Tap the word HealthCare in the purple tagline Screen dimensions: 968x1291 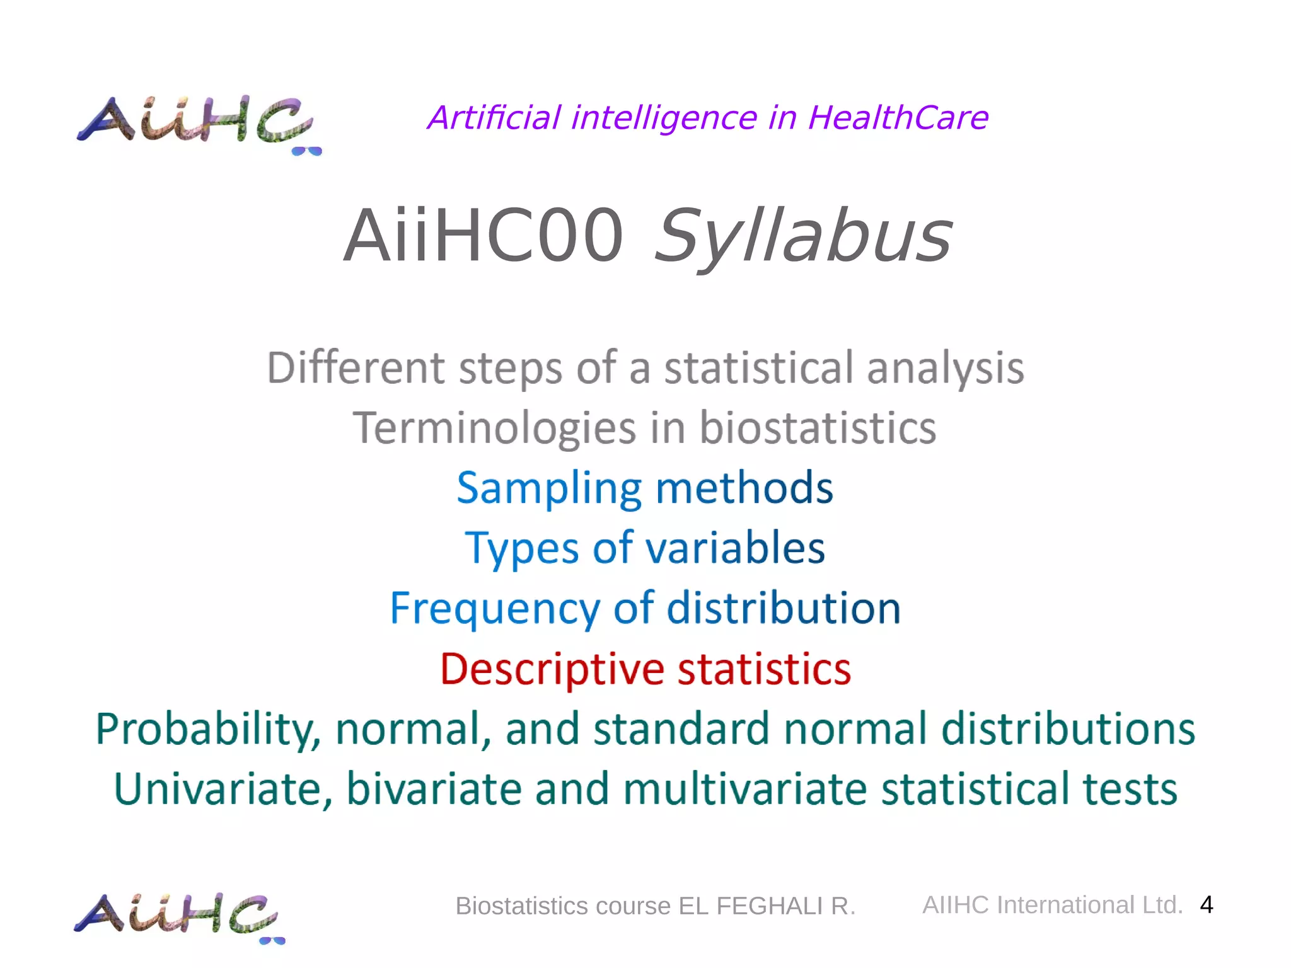tap(898, 118)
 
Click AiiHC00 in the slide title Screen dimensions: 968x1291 tap(483, 236)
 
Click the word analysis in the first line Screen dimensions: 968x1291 tap(945, 369)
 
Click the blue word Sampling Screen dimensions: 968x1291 tap(549, 489)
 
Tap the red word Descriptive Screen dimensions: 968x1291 tap(552, 670)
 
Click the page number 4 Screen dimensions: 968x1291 tap(1206, 905)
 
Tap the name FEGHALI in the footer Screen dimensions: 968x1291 tap(770, 906)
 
